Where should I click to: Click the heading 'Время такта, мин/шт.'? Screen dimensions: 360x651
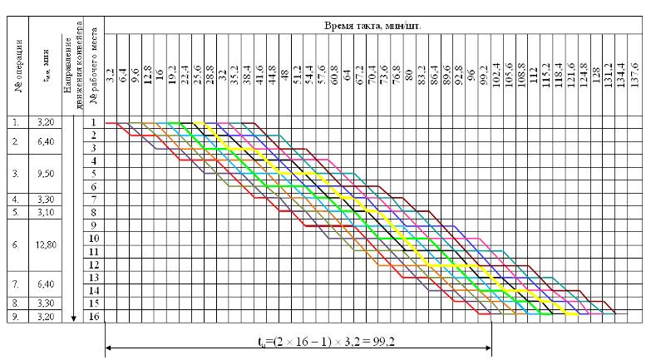point(373,26)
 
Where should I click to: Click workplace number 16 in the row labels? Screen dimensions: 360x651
point(95,317)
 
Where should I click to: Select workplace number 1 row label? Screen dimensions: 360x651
point(95,121)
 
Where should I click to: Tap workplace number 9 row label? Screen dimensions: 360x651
point(95,225)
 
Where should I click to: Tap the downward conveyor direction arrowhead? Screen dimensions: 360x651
point(75,317)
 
